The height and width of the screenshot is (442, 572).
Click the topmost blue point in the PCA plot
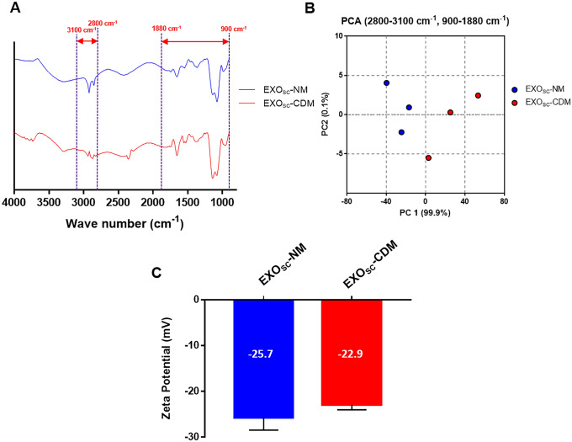(x=386, y=83)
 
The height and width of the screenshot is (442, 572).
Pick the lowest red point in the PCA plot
(x=428, y=157)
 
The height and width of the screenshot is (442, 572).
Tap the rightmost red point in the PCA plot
(x=478, y=96)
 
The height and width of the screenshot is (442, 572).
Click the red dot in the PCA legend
(x=514, y=102)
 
